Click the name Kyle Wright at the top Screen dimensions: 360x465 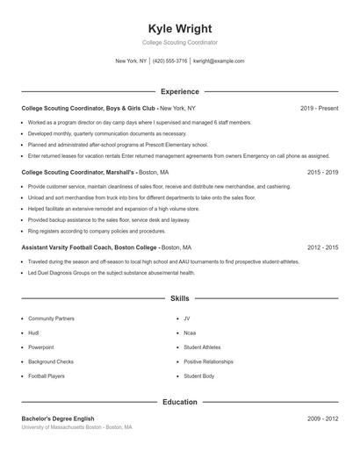tap(180, 29)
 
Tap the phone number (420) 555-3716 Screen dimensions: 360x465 tap(170, 61)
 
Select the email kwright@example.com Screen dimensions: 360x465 tap(219, 61)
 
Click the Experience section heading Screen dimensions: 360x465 tap(180, 91)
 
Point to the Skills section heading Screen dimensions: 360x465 tap(180, 299)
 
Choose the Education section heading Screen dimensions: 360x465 tap(180, 403)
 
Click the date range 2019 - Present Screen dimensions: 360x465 tap(319, 108)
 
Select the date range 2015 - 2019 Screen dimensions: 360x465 tap(322, 173)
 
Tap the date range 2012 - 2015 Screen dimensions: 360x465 tap(322, 248)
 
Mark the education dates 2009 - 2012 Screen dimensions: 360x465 tap(322, 419)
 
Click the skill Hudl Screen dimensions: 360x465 tap(34, 333)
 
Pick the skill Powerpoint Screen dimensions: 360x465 tap(40, 347)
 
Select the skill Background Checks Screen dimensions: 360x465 tap(51, 361)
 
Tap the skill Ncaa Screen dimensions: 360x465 tap(191, 333)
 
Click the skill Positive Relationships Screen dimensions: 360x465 tap(208, 361)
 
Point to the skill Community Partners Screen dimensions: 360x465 tap(51, 319)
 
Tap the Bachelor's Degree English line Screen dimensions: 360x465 tap(58, 419)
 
